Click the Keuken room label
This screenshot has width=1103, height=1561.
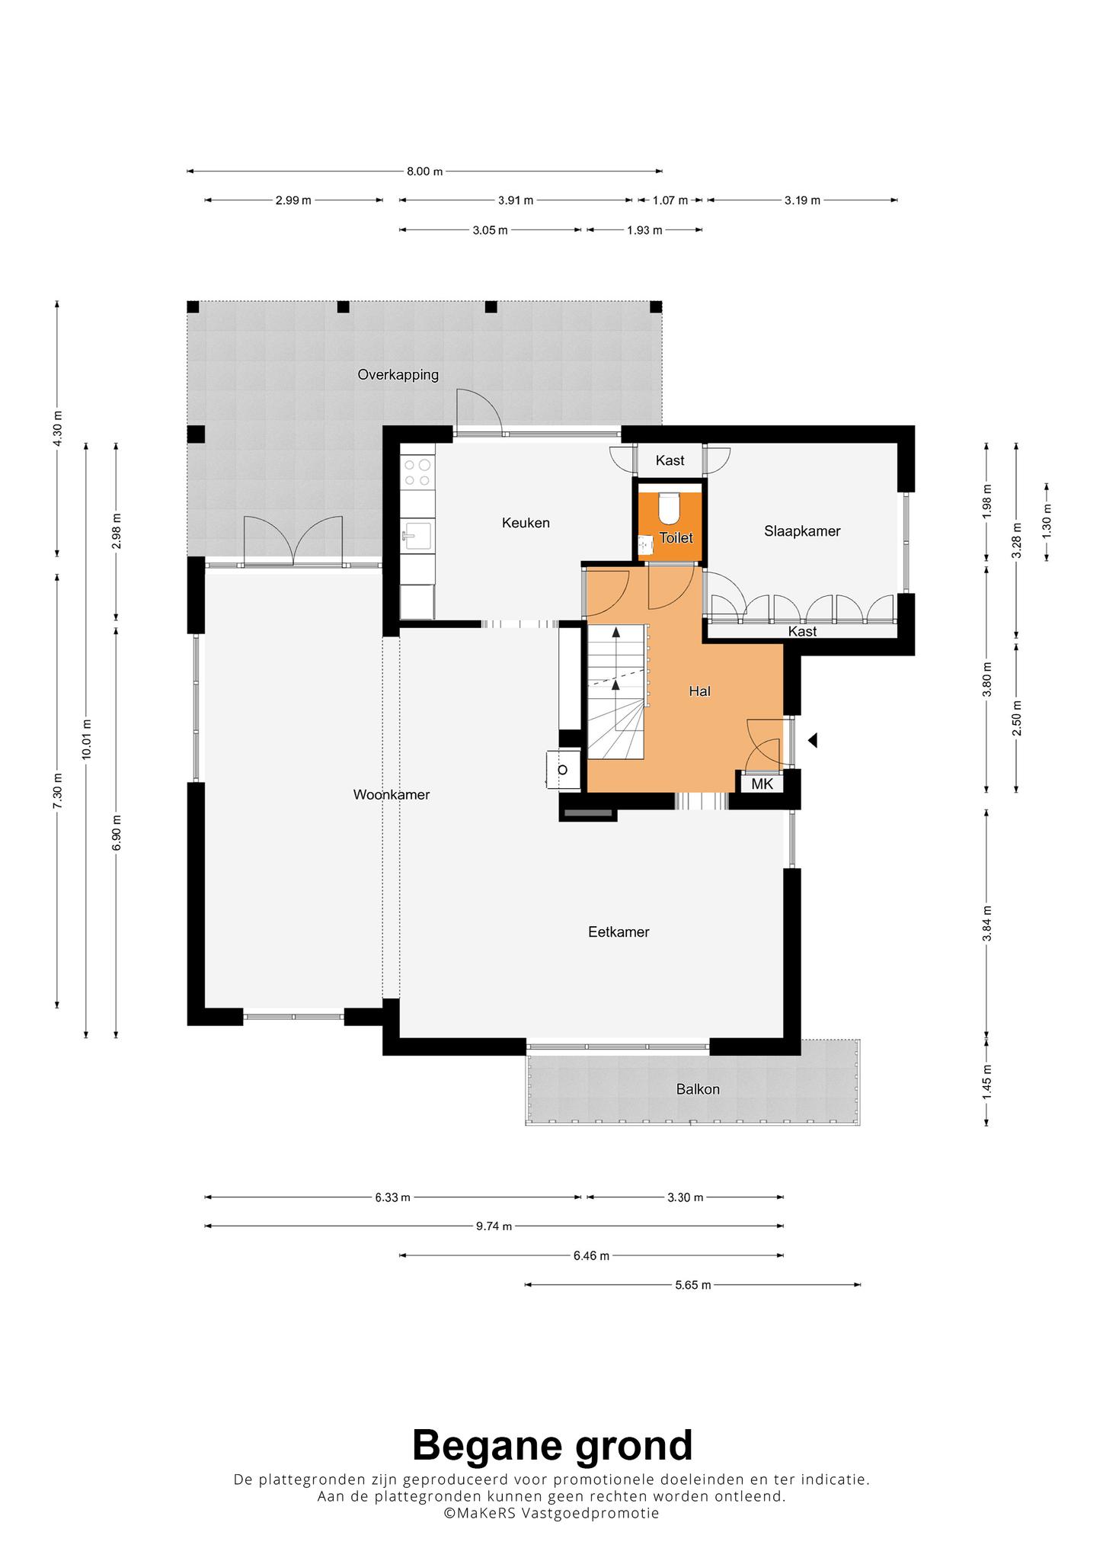(526, 523)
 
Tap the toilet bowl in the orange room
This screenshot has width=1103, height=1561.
(669, 505)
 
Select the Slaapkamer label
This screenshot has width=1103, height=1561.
(802, 531)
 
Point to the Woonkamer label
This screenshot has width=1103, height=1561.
(392, 795)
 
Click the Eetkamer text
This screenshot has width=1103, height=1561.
(619, 932)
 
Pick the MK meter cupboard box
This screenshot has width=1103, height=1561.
(762, 784)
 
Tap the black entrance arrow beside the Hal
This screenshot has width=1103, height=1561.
(813, 739)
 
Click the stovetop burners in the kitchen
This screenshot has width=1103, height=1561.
(417, 472)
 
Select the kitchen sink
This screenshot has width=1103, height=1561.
(417, 536)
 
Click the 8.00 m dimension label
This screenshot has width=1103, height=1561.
(424, 171)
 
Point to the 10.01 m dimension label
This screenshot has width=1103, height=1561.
(86, 739)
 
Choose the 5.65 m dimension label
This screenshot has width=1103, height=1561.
(692, 1285)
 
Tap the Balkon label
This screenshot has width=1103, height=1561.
(698, 1089)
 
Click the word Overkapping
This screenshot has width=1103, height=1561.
(398, 375)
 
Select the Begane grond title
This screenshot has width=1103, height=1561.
(552, 1445)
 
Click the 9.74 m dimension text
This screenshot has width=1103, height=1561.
(494, 1226)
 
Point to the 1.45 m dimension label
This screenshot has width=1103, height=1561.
(986, 1080)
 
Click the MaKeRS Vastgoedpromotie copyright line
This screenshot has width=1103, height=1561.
(552, 1514)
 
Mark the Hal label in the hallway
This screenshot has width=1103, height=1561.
(699, 691)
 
